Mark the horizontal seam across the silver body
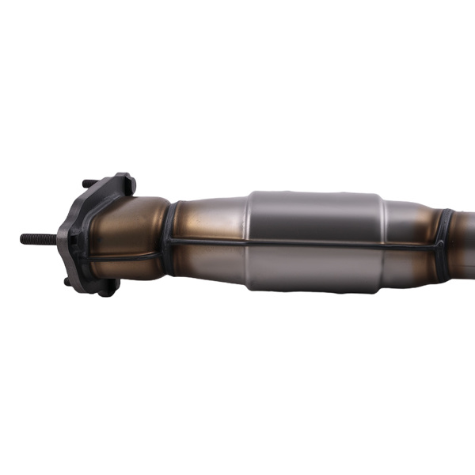point(317,241)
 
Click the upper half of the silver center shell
point(317,214)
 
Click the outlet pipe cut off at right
point(465,237)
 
